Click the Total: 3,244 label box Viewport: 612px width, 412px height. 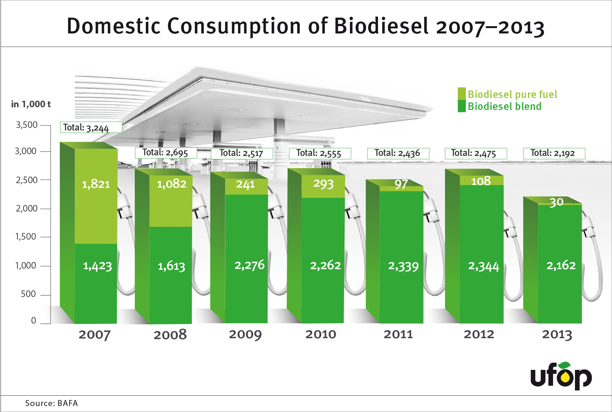pos(91,127)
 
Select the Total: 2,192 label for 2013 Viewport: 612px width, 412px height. pos(554,153)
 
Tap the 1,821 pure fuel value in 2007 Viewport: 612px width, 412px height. pos(96,184)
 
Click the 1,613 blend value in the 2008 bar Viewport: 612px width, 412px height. pos(171,266)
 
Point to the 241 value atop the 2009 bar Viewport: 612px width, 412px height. pos(245,184)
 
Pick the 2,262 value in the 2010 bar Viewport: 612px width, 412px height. pos(325,265)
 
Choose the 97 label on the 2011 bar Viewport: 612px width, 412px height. pos(401,184)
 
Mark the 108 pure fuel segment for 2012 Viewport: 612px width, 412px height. pos(481,181)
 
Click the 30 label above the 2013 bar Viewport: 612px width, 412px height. pos(556,202)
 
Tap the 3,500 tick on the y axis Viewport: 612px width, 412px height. pos(27,125)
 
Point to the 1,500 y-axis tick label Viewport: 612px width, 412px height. pos(26,237)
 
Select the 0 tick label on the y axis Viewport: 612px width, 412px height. pos(33,320)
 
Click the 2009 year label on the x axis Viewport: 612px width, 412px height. pos(245,334)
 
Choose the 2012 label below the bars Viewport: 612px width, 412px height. pos(479,334)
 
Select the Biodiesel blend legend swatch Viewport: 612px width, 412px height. pos(461,106)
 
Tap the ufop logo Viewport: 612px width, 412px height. pos(561,376)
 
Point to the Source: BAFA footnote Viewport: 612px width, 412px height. pos(51,403)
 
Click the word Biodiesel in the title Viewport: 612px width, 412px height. pos(381,26)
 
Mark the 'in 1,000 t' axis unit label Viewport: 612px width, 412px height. pos(31,104)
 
